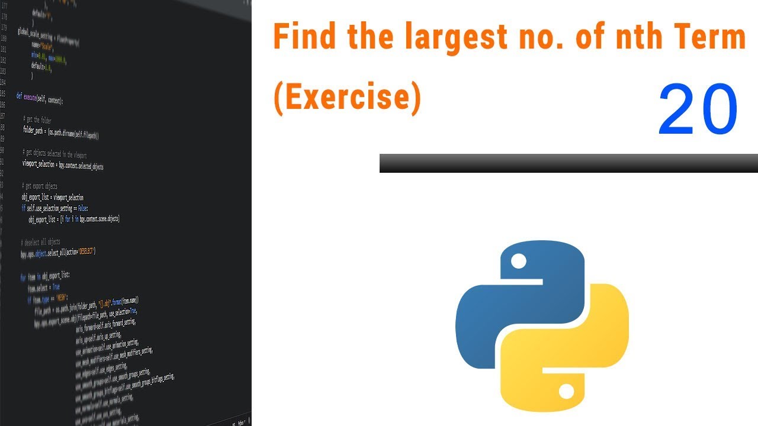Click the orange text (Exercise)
point(347,98)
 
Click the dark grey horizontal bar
point(568,163)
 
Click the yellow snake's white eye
point(566,391)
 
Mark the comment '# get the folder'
point(37,120)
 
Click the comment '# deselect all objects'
point(40,241)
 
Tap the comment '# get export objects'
point(40,186)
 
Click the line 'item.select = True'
point(43,288)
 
